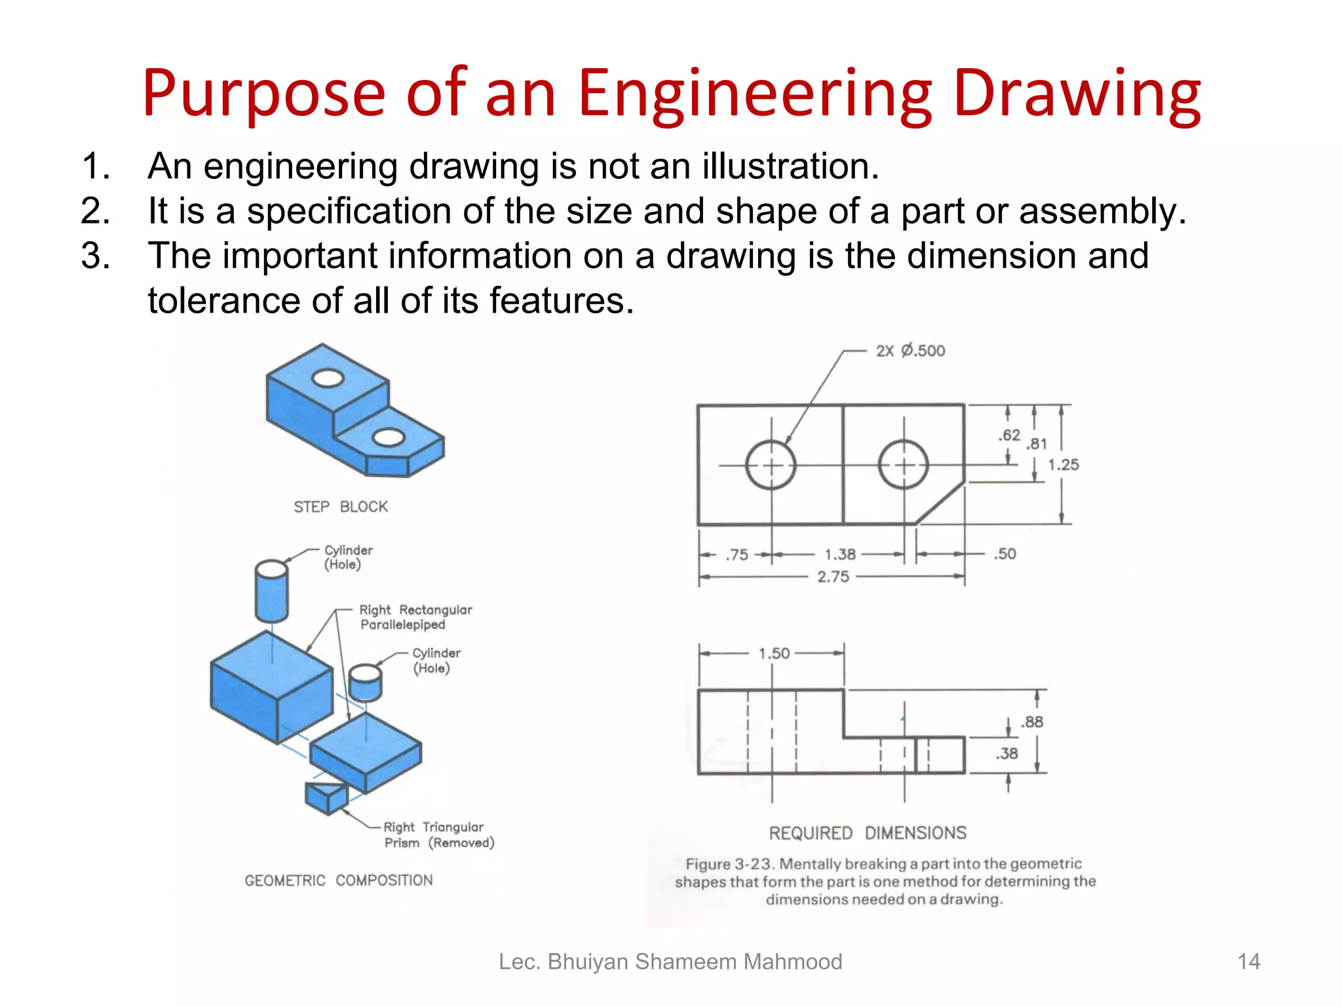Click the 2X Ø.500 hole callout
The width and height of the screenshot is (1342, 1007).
point(910,351)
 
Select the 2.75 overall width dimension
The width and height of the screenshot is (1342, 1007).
point(833,577)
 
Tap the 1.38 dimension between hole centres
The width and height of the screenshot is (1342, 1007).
point(840,555)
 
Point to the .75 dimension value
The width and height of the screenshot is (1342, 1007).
point(737,555)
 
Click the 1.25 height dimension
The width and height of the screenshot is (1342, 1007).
point(1063,465)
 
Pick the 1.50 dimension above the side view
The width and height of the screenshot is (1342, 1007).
point(774,654)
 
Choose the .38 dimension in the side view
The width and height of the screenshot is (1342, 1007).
point(1007,754)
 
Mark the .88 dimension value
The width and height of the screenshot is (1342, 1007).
point(1032,722)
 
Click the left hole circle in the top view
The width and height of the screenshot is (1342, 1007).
point(771,465)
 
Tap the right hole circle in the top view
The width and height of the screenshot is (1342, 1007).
point(904,465)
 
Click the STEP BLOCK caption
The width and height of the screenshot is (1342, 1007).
point(340,507)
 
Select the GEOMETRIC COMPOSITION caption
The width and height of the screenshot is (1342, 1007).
point(339,880)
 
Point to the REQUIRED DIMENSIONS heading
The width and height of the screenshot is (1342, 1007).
point(868,833)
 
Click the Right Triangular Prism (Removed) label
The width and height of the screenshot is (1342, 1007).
point(438,835)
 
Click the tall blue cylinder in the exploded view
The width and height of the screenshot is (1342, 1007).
point(271,591)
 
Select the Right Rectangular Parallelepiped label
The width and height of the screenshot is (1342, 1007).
point(415,617)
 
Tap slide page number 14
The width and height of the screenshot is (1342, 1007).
point(1248,962)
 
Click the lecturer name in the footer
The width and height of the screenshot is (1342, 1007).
point(670,962)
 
